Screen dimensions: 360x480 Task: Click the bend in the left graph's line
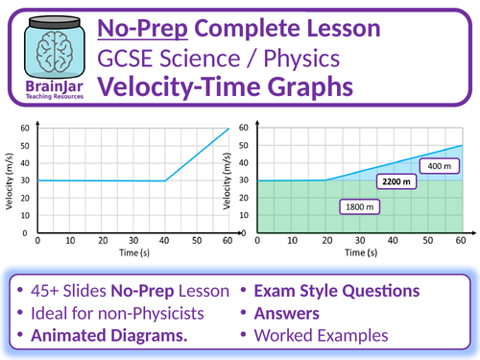pyautogui.click(x=165, y=180)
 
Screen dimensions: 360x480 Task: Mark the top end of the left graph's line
pyautogui.click(x=228, y=129)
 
